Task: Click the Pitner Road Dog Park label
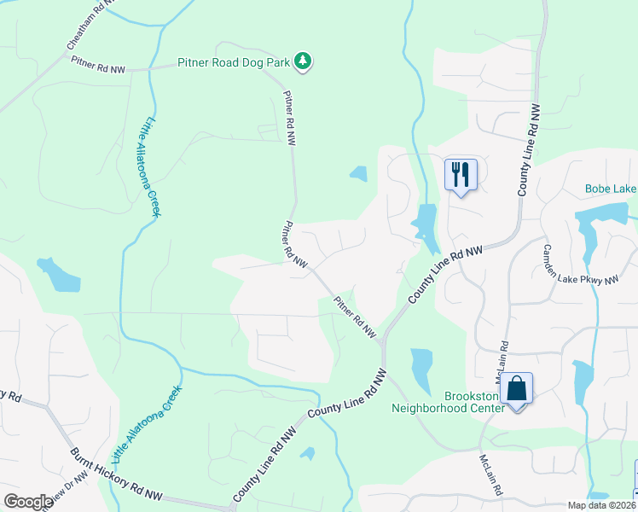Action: pyautogui.click(x=234, y=61)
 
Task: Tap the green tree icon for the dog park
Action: pyautogui.click(x=302, y=61)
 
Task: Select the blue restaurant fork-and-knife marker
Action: pyautogui.click(x=461, y=174)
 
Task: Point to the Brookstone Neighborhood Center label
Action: pyautogui.click(x=461, y=401)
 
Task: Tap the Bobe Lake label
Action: pyautogui.click(x=611, y=189)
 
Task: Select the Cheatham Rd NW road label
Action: pyautogui.click(x=89, y=26)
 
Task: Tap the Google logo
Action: pyautogui.click(x=28, y=502)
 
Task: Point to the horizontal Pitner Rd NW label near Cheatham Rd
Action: pyautogui.click(x=98, y=65)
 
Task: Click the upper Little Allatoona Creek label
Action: pyautogui.click(x=153, y=166)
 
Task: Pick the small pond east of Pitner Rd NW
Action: pyautogui.click(x=358, y=174)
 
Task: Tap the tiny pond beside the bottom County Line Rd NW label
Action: pyautogui.click(x=307, y=453)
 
